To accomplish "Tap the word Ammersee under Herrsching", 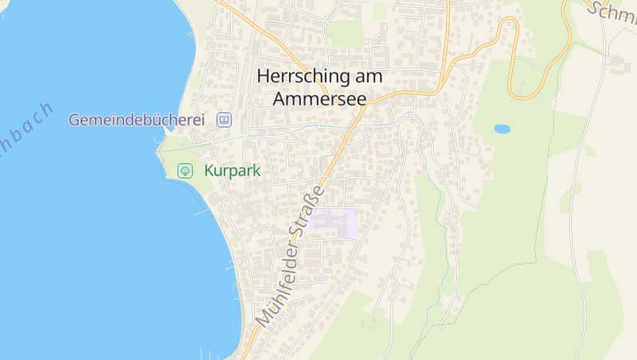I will [319, 99].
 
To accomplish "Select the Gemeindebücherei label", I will [136, 120].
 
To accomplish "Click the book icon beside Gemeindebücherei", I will [225, 120].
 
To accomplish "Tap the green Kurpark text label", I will [233, 170].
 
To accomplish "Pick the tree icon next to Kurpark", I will [185, 170].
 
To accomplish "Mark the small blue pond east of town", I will [502, 128].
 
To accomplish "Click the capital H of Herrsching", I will [264, 77].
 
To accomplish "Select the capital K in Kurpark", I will [209, 170].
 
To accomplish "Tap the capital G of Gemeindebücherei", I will [75, 120].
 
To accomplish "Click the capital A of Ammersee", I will [279, 99].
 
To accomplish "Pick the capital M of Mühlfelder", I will [263, 318].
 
